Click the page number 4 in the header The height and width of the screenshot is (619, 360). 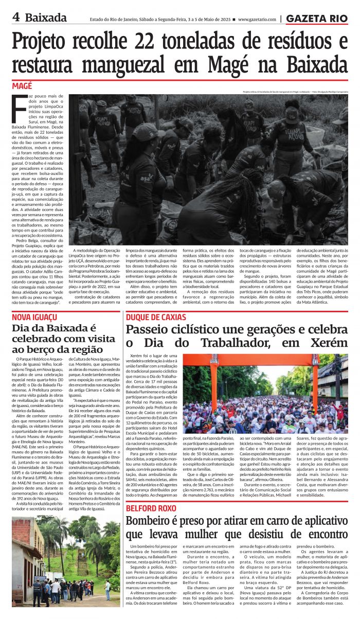click(16, 17)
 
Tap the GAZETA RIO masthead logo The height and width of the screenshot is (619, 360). click(317, 19)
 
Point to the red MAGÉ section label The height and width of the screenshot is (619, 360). click(22, 86)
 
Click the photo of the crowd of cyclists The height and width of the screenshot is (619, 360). click(265, 394)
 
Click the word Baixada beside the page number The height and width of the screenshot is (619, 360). click(46, 17)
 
